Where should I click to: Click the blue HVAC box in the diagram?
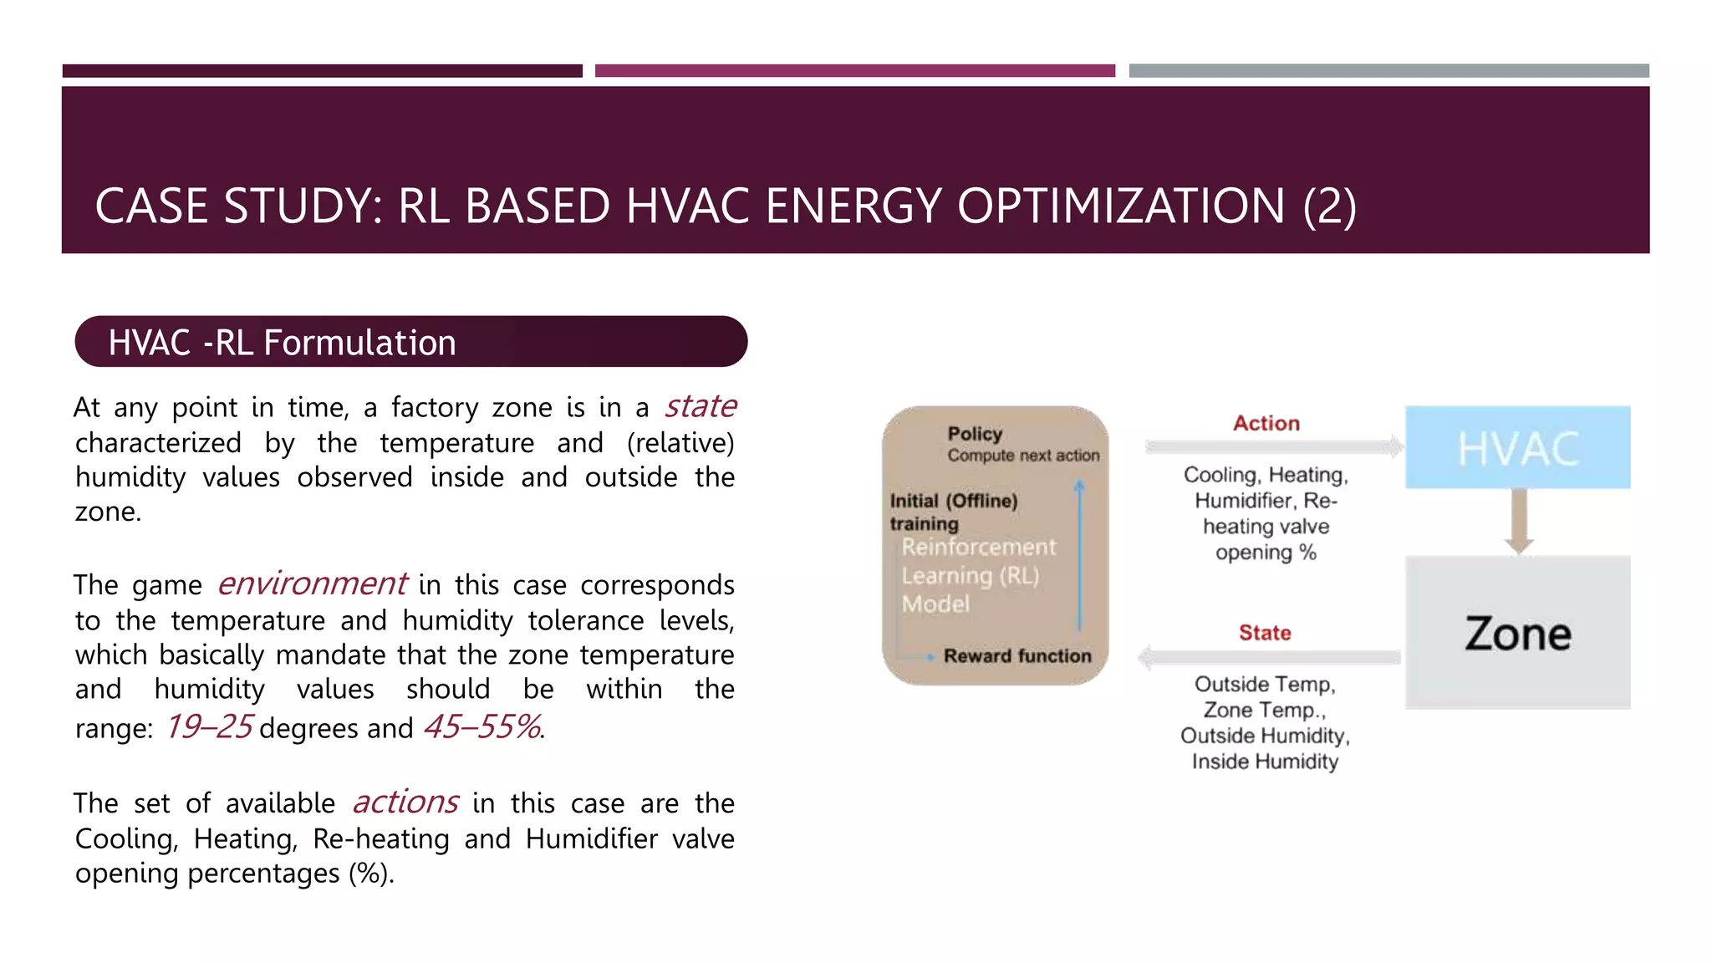pyautogui.click(x=1517, y=448)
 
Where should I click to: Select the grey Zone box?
pyautogui.click(x=1517, y=633)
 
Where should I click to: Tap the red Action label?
pyautogui.click(x=1266, y=424)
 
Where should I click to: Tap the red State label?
pyautogui.click(x=1265, y=633)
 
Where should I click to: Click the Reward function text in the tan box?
pyautogui.click(x=1016, y=656)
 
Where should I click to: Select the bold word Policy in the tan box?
pyautogui.click(x=975, y=434)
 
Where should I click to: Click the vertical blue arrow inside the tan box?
pyautogui.click(x=1079, y=556)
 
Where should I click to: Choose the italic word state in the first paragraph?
pyautogui.click(x=701, y=407)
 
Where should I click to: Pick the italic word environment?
pyautogui.click(x=312, y=583)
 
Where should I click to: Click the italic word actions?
pyautogui.click(x=405, y=802)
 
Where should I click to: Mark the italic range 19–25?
pyautogui.click(x=209, y=727)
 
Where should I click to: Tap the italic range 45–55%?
pyautogui.click(x=482, y=727)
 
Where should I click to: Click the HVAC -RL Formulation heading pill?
pyautogui.click(x=410, y=342)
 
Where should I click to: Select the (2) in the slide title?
pyautogui.click(x=1329, y=206)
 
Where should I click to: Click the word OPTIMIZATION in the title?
pyautogui.click(x=1120, y=206)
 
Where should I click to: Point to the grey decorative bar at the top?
pyautogui.click(x=1388, y=71)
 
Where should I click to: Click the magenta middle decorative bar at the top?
pyautogui.click(x=854, y=71)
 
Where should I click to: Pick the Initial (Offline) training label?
pyautogui.click(x=953, y=512)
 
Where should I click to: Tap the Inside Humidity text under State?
pyautogui.click(x=1265, y=762)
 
